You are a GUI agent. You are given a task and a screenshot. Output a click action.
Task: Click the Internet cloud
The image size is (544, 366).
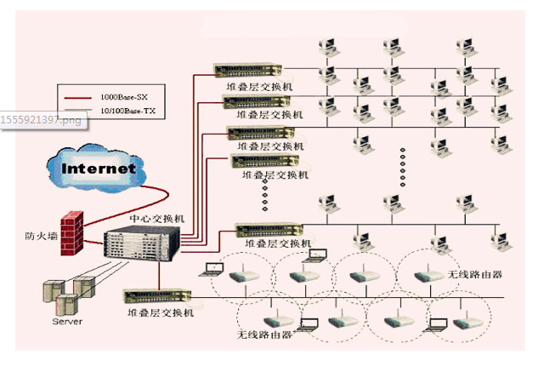(98, 168)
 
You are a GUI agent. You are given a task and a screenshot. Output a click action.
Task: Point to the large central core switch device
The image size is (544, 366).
(142, 247)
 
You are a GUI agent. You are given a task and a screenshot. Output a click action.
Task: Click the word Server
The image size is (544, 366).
(68, 323)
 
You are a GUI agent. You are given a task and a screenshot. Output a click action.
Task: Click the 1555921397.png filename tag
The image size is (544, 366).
(42, 120)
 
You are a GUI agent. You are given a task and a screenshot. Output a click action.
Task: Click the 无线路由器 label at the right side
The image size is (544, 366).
(474, 275)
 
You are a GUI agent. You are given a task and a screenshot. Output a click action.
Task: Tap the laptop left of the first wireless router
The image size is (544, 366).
(212, 272)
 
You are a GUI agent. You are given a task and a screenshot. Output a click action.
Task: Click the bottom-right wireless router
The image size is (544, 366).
(462, 323)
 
